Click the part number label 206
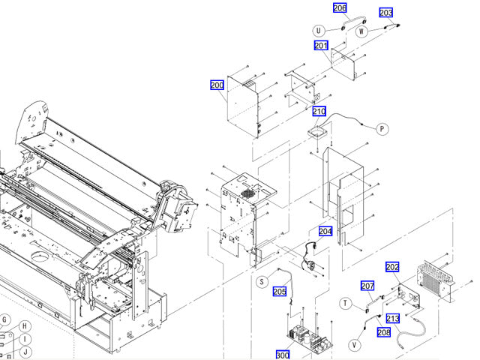pos(340,8)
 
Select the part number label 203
pos(385,13)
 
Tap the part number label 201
pos(321,46)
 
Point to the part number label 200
pos(217,85)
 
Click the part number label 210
pos(319,112)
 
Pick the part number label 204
pos(325,231)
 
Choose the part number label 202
pos(392,267)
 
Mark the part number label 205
pos(280,292)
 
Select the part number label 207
pos(367,286)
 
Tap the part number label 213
pos(393,318)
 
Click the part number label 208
pos(383,332)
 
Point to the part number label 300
pos(282,355)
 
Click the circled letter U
pos(319,31)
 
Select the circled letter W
pos(361,31)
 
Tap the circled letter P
pos(382,129)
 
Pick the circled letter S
pos(261,282)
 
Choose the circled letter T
pos(346,303)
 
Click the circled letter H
pos(24,326)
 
